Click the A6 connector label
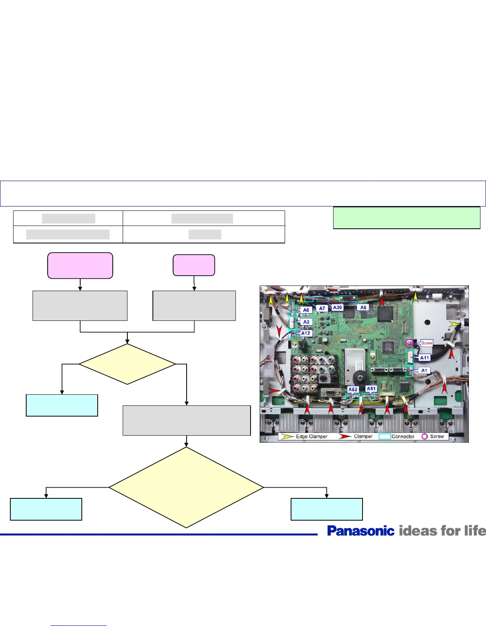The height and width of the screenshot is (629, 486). [306, 310]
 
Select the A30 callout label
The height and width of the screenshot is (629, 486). [337, 307]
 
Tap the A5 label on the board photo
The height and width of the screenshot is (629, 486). [363, 307]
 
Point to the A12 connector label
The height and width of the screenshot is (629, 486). [306, 333]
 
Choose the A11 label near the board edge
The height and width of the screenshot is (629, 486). [424, 358]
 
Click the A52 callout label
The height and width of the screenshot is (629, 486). [353, 390]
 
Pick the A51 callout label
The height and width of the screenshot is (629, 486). [371, 389]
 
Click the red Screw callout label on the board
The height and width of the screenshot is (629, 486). [427, 343]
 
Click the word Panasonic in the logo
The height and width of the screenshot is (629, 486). [361, 531]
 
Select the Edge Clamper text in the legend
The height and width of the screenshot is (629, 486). [312, 436]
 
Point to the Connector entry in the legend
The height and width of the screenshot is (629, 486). [403, 436]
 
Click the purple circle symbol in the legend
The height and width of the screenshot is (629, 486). [424, 436]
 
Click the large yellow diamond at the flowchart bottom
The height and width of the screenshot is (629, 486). [186, 488]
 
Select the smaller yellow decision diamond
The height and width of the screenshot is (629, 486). [127, 364]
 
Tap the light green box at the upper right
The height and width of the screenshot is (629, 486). [407, 218]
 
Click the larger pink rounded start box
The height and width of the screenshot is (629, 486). [80, 265]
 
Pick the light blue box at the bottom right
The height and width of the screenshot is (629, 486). [326, 509]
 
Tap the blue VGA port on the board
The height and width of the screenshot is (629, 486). [329, 393]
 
